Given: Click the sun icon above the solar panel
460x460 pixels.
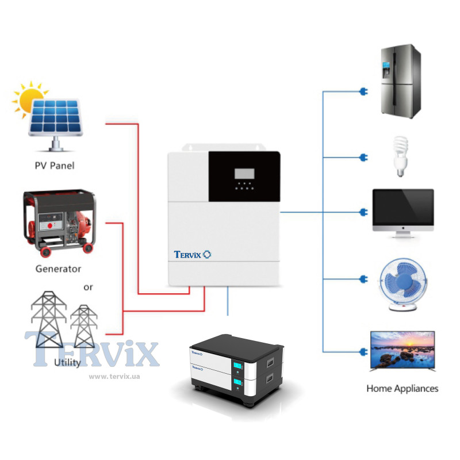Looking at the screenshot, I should click(x=29, y=99).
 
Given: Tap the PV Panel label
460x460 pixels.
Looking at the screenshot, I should click(x=55, y=166).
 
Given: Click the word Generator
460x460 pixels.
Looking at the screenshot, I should click(x=58, y=269).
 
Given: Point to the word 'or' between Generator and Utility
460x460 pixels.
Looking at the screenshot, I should click(x=88, y=286).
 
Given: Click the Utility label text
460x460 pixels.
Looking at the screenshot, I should click(x=67, y=363).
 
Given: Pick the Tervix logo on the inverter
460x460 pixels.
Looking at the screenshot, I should click(x=193, y=254).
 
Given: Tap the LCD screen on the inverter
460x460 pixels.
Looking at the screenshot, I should click(x=244, y=173).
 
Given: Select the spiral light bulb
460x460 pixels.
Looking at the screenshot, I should click(x=400, y=155).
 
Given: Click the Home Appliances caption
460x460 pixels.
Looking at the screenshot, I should click(x=402, y=389).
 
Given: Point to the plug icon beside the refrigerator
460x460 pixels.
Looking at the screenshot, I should click(x=362, y=91).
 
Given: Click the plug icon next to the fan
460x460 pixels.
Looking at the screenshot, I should click(x=362, y=279).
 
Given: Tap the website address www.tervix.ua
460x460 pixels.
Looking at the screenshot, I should click(x=114, y=377).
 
